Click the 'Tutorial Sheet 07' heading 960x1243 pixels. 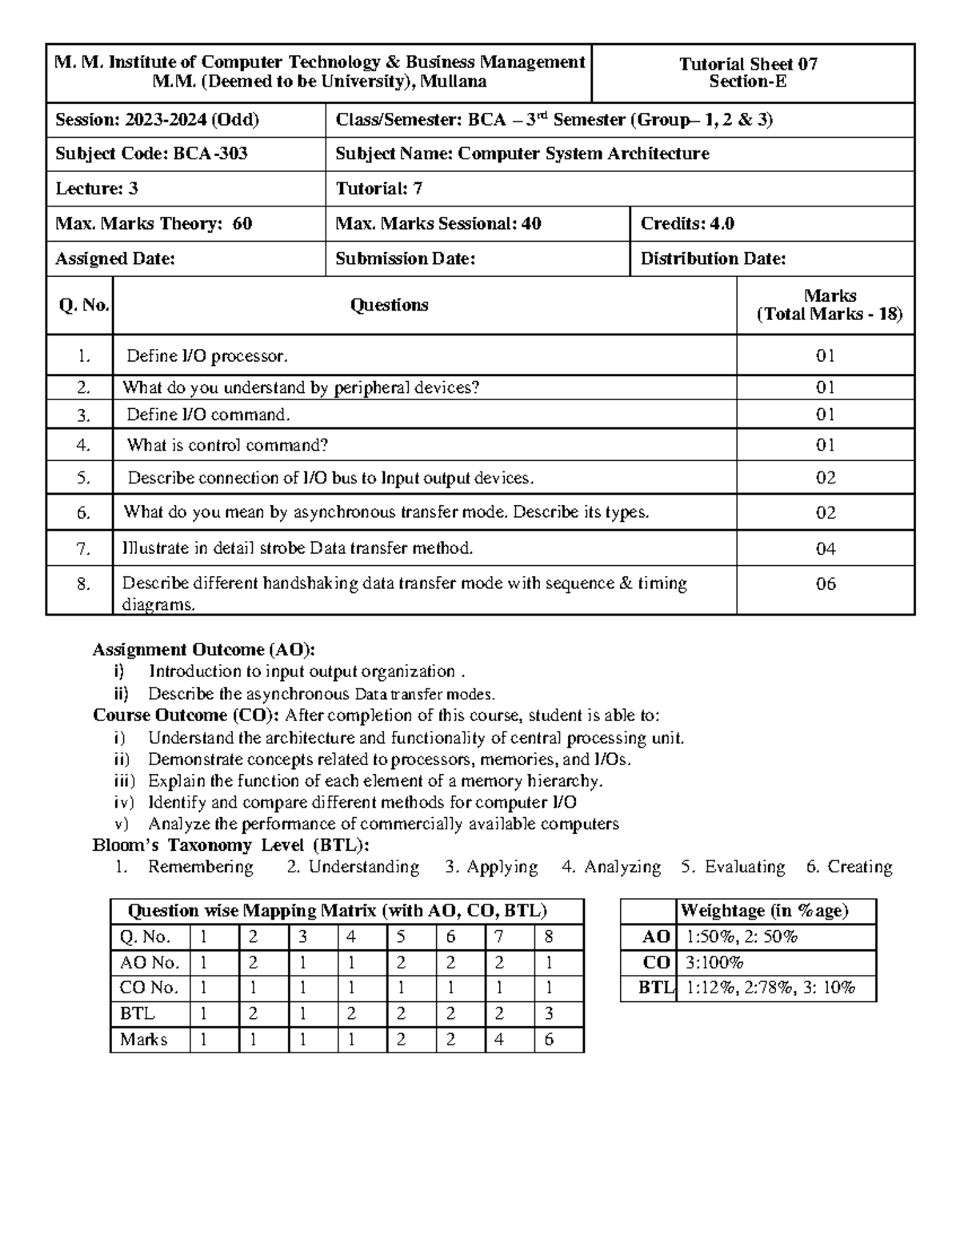pyautogui.click(x=748, y=64)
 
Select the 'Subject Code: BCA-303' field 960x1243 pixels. pyautogui.click(x=151, y=154)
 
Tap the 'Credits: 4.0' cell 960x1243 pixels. pyautogui.click(x=687, y=223)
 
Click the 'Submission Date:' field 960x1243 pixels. pyautogui.click(x=405, y=259)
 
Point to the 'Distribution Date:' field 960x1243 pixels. pyautogui.click(x=713, y=259)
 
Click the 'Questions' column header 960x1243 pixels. pyautogui.click(x=389, y=305)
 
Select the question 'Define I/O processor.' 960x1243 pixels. pyautogui.click(x=206, y=355)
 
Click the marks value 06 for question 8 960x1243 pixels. pyautogui.click(x=825, y=583)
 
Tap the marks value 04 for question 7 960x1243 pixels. pyautogui.click(x=825, y=548)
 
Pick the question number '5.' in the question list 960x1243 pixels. pyautogui.click(x=83, y=478)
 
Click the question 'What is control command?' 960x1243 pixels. pyautogui.click(x=227, y=445)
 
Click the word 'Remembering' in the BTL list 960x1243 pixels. pyautogui.click(x=200, y=867)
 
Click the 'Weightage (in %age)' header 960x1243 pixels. pyautogui.click(x=763, y=911)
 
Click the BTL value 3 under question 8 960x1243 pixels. pyautogui.click(x=549, y=1014)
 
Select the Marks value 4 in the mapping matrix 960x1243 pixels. pyautogui.click(x=499, y=1040)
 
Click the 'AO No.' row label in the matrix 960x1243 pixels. pyautogui.click(x=150, y=963)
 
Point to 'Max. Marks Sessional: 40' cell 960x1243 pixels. pyautogui.click(x=438, y=223)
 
